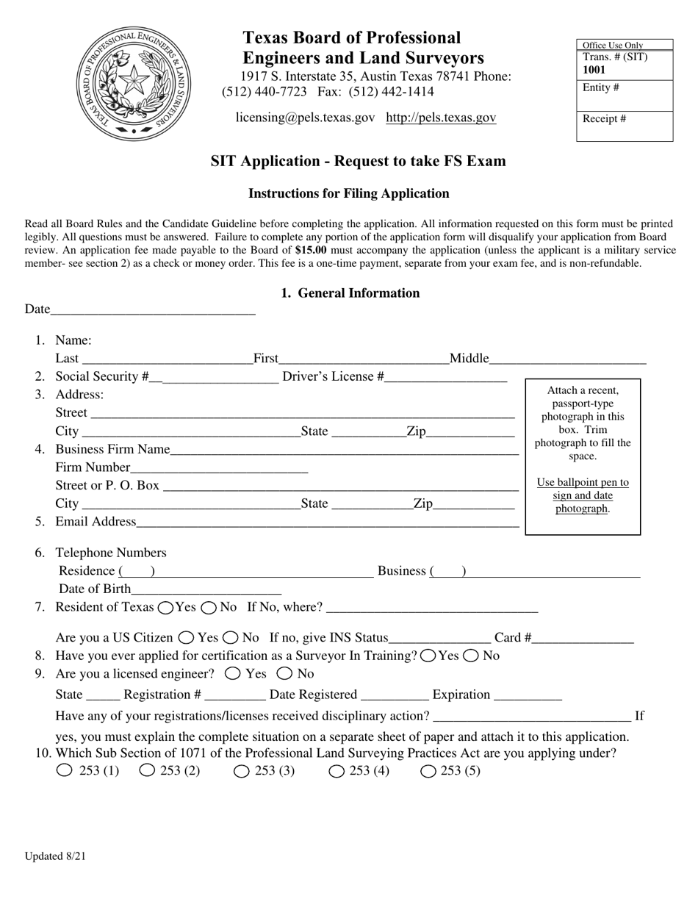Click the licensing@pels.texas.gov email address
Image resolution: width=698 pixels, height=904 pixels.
[305, 118]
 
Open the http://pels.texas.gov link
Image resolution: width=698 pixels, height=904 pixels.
[441, 118]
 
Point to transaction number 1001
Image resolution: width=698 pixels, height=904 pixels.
[594, 70]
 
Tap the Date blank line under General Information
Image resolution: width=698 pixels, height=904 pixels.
[153, 309]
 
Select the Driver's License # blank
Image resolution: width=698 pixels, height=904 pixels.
[446, 377]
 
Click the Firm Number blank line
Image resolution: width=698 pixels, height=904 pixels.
[219, 467]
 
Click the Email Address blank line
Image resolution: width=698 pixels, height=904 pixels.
[328, 522]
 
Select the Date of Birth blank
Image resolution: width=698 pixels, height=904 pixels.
[206, 589]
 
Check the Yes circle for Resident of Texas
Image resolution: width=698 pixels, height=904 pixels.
[166, 607]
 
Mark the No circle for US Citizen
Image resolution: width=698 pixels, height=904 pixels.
[231, 638]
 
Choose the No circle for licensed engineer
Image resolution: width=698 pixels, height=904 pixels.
[284, 673]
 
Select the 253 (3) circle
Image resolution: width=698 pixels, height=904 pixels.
[242, 771]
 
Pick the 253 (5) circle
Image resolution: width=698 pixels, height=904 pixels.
[428, 771]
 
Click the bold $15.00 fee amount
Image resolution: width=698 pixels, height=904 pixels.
[311, 250]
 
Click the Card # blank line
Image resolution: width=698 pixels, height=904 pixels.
[583, 638]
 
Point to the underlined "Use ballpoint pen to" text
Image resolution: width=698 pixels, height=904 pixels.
[583, 482]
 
